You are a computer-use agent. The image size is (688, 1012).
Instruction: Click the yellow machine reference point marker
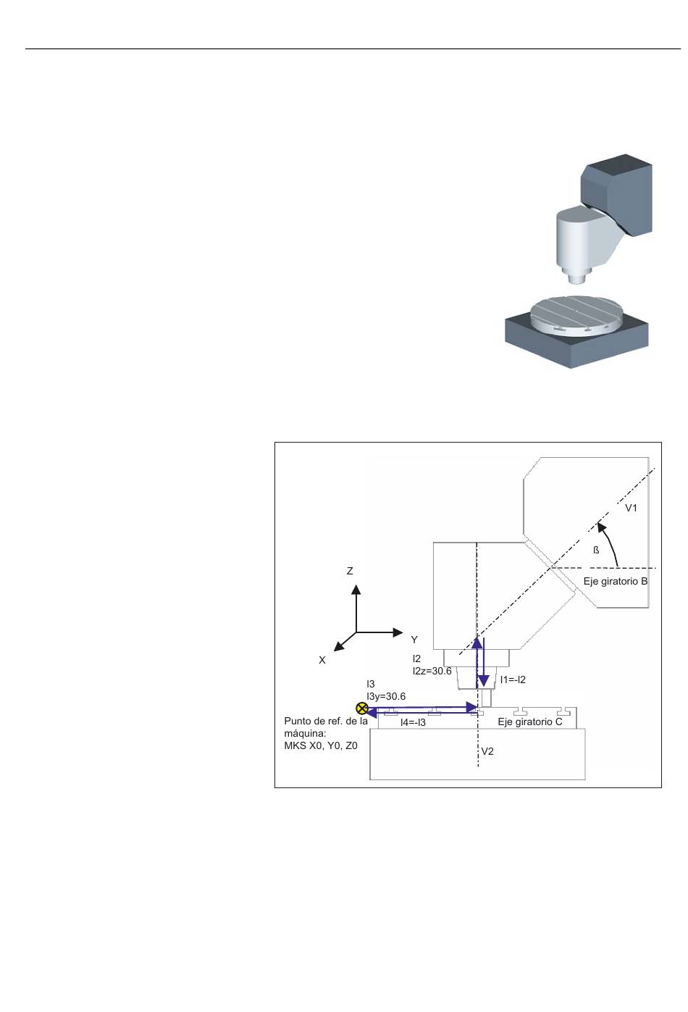point(361,708)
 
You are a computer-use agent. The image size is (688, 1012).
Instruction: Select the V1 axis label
point(631,509)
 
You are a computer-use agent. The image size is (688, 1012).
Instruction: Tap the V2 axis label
point(487,751)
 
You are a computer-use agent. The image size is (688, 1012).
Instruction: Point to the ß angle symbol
point(596,551)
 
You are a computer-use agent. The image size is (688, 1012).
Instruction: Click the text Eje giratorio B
point(616,581)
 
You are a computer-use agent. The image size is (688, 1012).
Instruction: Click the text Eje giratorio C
point(530,722)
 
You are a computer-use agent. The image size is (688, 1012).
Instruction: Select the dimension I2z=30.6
point(432,672)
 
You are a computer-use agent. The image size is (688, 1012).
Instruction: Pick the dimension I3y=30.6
point(386,697)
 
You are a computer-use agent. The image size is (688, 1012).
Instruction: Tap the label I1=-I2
point(512,680)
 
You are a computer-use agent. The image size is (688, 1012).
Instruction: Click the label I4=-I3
point(413,722)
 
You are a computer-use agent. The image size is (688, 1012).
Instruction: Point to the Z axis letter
point(350,571)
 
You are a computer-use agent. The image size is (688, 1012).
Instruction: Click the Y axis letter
point(414,640)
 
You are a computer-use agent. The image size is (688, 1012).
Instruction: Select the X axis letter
point(322,660)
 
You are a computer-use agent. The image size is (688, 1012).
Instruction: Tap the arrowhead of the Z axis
point(356,589)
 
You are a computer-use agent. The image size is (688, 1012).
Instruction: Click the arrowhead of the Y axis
point(398,632)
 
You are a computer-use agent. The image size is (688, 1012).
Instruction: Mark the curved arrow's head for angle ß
point(601,527)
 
